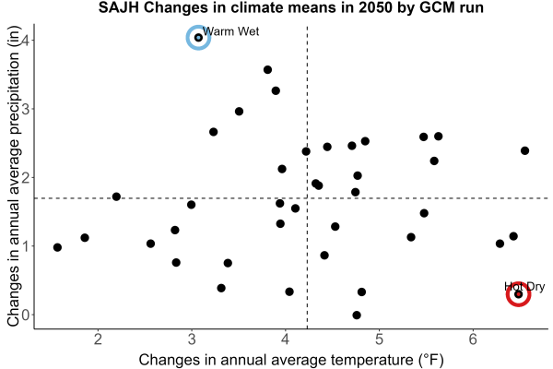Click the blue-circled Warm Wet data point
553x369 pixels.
[198, 38]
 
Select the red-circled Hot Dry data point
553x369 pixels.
[518, 294]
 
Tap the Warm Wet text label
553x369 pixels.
[231, 31]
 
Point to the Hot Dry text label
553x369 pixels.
[524, 286]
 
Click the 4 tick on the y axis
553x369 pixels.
[25, 40]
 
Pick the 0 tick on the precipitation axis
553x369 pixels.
[26, 315]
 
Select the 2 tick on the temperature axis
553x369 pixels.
[98, 339]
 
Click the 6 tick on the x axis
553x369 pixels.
[473, 339]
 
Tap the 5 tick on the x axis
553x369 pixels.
[379, 339]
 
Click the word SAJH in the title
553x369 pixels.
[119, 7]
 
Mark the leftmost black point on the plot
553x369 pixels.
[57, 247]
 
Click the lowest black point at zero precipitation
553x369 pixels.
[357, 315]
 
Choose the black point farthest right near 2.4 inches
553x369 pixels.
[524, 150]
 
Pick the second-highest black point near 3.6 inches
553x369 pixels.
[267, 70]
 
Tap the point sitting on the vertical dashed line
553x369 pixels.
[306, 151]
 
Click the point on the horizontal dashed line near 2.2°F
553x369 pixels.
[116, 196]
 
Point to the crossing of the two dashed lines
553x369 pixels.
[307, 198]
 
